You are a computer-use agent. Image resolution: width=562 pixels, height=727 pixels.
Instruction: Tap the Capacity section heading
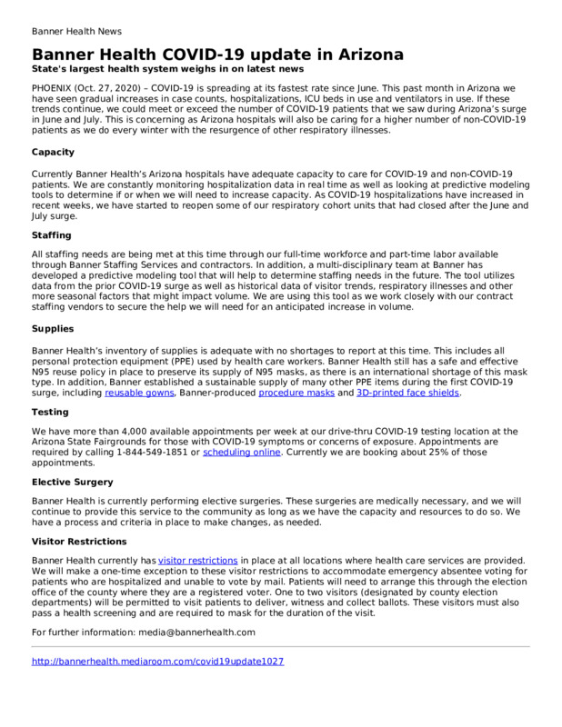53,152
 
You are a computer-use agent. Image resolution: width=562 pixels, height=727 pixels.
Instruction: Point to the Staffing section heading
52,234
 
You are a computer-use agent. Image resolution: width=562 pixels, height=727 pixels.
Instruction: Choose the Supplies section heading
54,329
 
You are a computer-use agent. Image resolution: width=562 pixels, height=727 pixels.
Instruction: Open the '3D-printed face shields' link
413,393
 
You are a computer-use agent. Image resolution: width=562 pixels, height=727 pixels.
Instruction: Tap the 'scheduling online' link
241,452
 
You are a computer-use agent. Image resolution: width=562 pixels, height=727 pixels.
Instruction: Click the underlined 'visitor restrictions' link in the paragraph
198,559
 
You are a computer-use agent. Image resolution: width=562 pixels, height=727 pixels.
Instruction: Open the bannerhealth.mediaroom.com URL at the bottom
157,662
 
